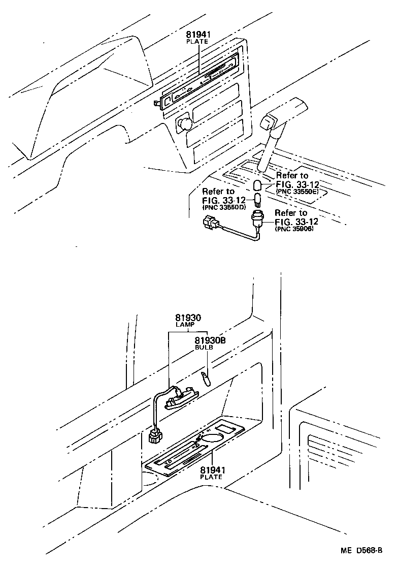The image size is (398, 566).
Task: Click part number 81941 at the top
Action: (197, 35)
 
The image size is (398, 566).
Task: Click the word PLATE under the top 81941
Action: (197, 42)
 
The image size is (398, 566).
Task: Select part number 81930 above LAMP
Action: (188, 318)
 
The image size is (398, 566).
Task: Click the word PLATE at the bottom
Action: (211, 477)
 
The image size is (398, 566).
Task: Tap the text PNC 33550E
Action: (297, 192)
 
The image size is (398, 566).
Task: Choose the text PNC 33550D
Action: (224, 208)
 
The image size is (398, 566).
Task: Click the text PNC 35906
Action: (294, 229)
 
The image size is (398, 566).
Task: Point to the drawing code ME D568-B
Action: (361, 551)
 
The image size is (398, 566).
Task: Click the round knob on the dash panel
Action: (183, 123)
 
